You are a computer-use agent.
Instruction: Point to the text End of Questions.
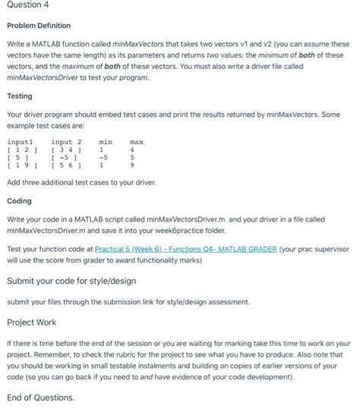40,397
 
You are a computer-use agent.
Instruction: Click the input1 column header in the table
21,142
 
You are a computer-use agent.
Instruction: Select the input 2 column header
66,142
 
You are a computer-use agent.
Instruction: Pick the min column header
106,142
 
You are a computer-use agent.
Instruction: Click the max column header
137,142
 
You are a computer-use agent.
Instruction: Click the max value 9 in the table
133,166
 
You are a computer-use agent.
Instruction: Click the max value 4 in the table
133,150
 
